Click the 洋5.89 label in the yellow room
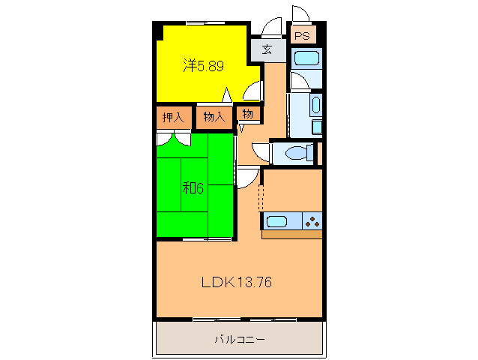coord(204,66)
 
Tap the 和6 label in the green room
coord(193,187)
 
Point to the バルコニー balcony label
coord(239,339)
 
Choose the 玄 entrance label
coord(267,50)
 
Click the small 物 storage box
coord(246,114)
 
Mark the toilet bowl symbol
coord(299,154)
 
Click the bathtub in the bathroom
coord(306,58)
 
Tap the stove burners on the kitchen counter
coord(312,221)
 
